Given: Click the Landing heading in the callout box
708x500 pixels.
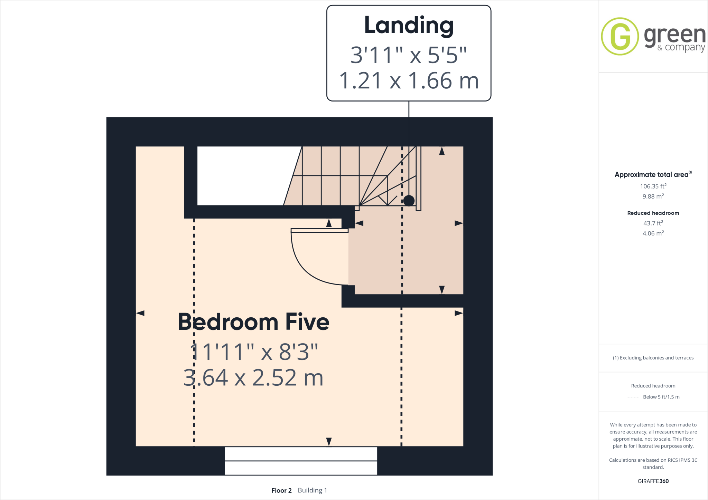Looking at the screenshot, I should (x=409, y=26).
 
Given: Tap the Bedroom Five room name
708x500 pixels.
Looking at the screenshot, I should (x=253, y=322).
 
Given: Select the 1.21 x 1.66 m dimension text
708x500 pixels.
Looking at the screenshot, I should (x=409, y=81).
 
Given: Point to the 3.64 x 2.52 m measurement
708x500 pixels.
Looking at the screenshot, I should (x=253, y=377).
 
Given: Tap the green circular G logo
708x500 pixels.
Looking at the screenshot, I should (x=620, y=36).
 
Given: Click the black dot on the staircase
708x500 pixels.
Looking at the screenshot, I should (x=409, y=200).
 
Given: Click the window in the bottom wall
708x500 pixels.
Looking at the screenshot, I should (x=301, y=461).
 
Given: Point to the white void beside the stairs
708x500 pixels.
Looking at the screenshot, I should (x=242, y=175).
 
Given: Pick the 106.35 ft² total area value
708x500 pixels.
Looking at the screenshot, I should (x=653, y=186).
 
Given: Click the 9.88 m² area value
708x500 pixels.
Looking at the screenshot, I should (x=653, y=196).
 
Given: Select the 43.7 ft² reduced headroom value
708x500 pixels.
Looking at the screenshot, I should (x=653, y=223).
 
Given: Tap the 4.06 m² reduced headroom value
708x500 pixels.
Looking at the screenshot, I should (x=653, y=233).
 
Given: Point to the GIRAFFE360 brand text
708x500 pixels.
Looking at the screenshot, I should (x=653, y=481).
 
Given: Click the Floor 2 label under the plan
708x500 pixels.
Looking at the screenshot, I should (x=281, y=490).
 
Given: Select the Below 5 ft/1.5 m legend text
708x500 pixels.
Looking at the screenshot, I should (x=661, y=397).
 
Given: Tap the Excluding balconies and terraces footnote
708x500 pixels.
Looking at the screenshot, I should (x=653, y=358).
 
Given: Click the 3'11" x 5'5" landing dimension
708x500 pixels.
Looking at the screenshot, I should (x=409, y=55).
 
